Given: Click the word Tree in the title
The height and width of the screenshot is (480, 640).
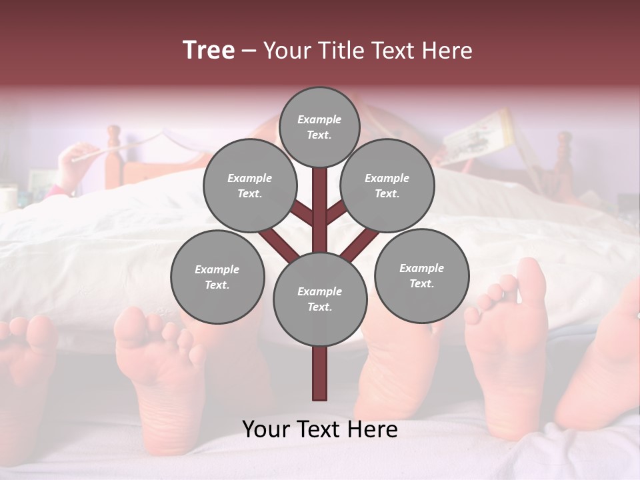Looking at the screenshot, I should (x=209, y=50).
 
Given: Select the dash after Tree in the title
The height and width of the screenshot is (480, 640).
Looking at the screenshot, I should (x=249, y=51).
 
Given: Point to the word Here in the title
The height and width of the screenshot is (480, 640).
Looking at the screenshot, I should (x=447, y=51).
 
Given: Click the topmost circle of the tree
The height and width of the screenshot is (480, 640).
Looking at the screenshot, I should (x=319, y=127).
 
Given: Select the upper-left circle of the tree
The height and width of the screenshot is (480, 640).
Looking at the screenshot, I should (x=249, y=185).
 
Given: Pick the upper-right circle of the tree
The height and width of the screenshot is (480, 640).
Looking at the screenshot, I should (x=387, y=185).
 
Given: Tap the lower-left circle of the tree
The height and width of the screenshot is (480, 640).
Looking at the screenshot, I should (x=217, y=277).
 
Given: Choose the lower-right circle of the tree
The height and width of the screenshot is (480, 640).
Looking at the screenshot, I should (x=421, y=275).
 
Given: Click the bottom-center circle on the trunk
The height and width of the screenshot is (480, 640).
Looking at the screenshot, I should (x=319, y=299).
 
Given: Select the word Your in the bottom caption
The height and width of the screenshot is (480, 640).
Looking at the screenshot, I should (x=267, y=429).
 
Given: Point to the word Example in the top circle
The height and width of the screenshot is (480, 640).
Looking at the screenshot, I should (x=319, y=120).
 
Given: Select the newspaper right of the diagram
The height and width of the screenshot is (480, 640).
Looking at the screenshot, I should (x=477, y=137).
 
